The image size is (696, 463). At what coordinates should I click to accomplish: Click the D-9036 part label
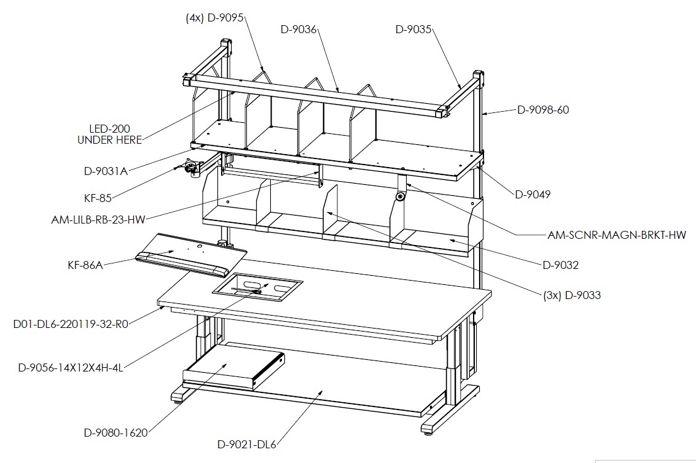click(299, 29)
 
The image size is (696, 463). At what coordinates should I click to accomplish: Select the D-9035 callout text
click(413, 29)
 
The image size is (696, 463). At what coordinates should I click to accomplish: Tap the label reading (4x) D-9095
click(214, 18)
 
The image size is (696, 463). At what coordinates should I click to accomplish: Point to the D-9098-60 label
click(543, 110)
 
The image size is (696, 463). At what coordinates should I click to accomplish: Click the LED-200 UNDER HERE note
click(109, 134)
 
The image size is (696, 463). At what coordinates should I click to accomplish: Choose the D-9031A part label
click(106, 171)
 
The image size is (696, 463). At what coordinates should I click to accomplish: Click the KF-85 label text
click(98, 198)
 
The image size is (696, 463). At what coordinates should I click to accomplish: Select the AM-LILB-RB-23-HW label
click(98, 219)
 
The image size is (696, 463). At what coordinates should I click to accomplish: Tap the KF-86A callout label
click(85, 265)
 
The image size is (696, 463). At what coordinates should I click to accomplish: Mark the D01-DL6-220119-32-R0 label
click(71, 324)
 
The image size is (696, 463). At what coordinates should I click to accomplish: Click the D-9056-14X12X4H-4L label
click(71, 368)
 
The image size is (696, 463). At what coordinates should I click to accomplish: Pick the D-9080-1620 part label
click(115, 432)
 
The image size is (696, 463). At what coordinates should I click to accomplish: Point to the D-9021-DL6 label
click(246, 444)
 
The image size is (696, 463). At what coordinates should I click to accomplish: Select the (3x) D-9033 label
click(572, 295)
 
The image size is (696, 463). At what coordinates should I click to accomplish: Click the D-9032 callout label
click(561, 265)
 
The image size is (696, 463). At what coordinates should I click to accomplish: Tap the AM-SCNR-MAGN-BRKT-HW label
click(617, 235)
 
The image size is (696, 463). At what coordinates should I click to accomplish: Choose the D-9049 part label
click(533, 194)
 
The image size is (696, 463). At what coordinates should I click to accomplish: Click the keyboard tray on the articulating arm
click(191, 254)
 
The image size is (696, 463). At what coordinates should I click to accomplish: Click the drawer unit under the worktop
click(234, 372)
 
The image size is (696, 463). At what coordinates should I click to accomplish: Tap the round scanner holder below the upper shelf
click(401, 196)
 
